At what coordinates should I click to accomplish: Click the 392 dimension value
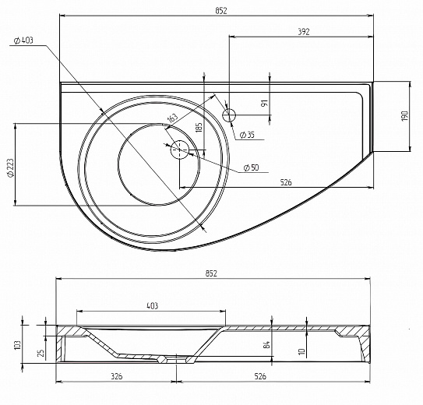coord(304,32)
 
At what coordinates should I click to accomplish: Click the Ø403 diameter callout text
coord(23,40)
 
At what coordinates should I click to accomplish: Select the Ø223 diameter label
coord(11,167)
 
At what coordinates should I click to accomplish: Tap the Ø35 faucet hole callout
coord(247,135)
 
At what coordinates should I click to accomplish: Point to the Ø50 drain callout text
coord(251,167)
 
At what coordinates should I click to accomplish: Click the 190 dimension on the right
coord(405,116)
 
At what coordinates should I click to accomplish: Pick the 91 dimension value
coord(265,103)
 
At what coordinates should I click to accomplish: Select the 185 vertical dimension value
coord(199,128)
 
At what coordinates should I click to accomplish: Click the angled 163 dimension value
coord(173,118)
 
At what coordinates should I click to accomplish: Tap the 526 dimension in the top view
coord(286,182)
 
